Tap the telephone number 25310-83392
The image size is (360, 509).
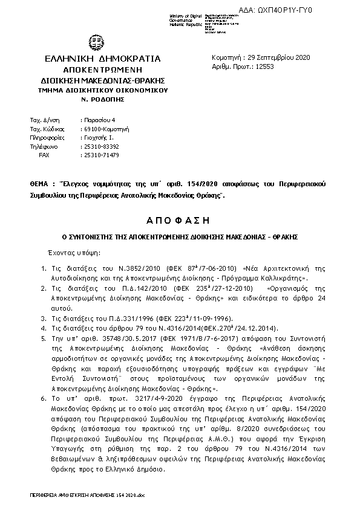tap(101, 146)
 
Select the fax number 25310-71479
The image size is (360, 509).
tap(101, 155)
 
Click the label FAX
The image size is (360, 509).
tap(44, 155)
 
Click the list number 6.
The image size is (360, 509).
tap(42, 399)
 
